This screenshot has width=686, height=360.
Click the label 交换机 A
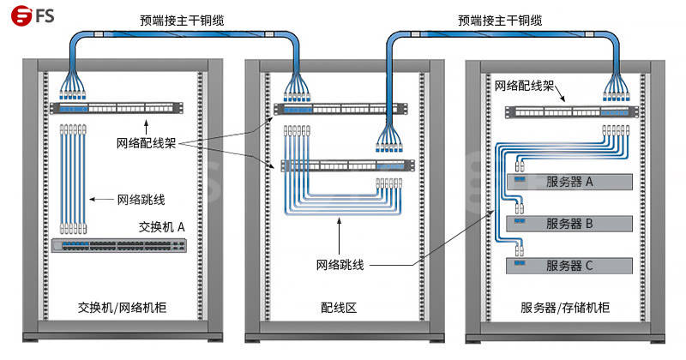[162, 226]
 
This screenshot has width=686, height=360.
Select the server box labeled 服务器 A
[569, 182]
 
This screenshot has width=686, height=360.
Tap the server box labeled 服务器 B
[569, 224]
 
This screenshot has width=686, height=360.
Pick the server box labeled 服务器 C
[569, 265]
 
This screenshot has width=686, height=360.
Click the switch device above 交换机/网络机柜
[119, 245]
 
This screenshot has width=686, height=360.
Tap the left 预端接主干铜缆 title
[183, 19]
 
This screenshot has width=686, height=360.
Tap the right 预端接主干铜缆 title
[501, 19]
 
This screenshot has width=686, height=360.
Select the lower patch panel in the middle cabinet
[342, 165]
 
